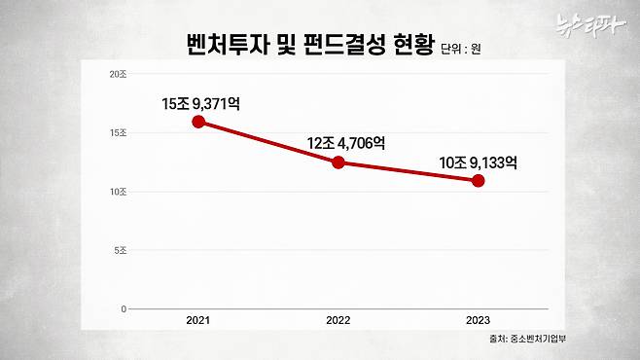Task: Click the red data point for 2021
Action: click(198, 122)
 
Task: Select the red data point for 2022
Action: click(338, 162)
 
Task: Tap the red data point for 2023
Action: click(478, 181)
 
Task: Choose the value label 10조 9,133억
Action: click(479, 162)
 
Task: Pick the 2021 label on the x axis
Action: click(198, 319)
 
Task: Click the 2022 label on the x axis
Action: click(338, 319)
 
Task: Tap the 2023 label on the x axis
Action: click(478, 319)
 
